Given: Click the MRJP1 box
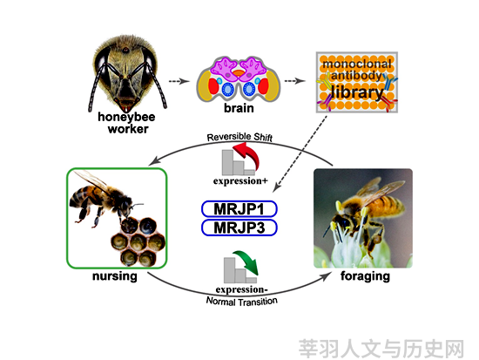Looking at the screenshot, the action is point(239,209).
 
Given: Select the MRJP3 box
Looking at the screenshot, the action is point(239,228).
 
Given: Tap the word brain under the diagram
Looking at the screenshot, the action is point(239,108).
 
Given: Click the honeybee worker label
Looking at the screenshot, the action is point(126,123).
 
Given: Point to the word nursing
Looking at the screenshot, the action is point(115,276).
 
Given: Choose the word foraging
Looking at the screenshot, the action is point(366,276).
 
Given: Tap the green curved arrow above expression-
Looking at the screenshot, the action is point(246,262).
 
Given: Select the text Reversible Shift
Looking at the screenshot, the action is point(239,137).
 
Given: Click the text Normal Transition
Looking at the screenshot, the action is point(242,302).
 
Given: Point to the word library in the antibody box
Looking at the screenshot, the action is point(357,92).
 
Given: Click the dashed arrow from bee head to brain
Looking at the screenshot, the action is point(179,81).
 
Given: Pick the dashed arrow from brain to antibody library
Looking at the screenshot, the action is point(294,81).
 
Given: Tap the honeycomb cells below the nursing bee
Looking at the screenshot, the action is point(138,241).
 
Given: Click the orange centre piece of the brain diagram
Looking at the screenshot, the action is point(239,73).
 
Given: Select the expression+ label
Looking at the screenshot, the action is point(240,180).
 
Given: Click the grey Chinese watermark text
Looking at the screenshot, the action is point(381,349).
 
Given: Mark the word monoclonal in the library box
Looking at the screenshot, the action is point(357,65).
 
